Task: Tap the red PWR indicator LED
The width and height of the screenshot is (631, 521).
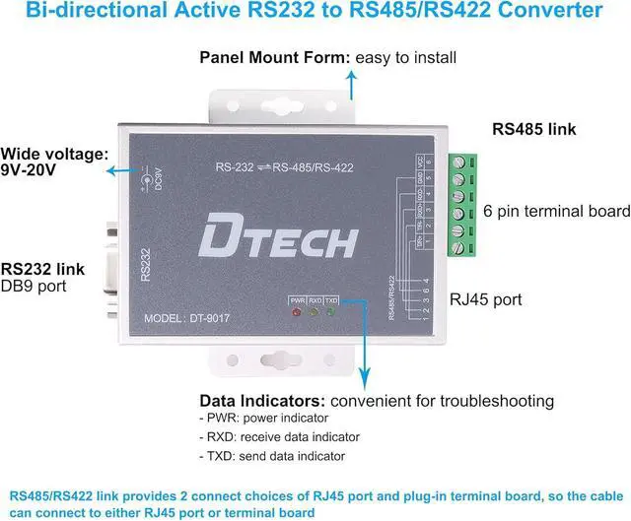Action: coord(296,312)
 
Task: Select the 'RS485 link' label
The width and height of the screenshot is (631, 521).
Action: coord(533,128)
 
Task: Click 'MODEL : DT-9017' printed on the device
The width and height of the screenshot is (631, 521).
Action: coord(190,317)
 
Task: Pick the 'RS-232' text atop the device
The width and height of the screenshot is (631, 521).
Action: coord(236,166)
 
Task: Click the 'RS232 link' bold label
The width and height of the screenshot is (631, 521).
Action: coord(41,269)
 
